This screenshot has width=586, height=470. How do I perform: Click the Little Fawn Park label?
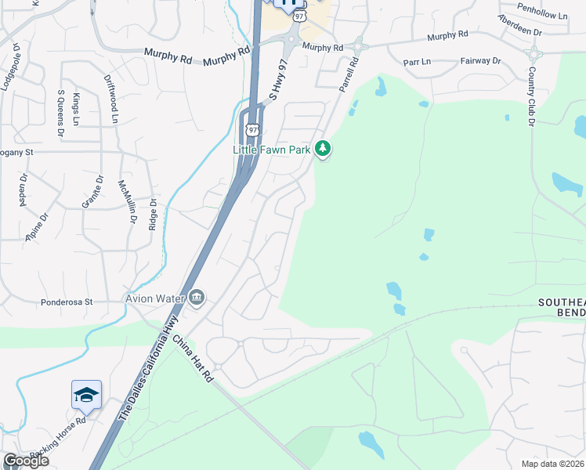pyautogui.click(x=273, y=149)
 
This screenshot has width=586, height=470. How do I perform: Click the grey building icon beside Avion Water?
pyautogui.click(x=196, y=297)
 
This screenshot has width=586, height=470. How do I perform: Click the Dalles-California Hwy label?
pyautogui.click(x=149, y=369)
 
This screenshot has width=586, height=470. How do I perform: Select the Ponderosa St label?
pyautogui.click(x=67, y=302)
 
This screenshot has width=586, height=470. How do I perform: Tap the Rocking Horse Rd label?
pyautogui.click(x=56, y=446)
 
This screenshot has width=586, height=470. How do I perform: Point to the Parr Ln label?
pyautogui.click(x=417, y=61)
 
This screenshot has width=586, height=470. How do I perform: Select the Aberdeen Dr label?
pyautogui.click(x=519, y=31)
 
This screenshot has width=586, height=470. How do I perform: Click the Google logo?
pyautogui.click(x=26, y=461)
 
